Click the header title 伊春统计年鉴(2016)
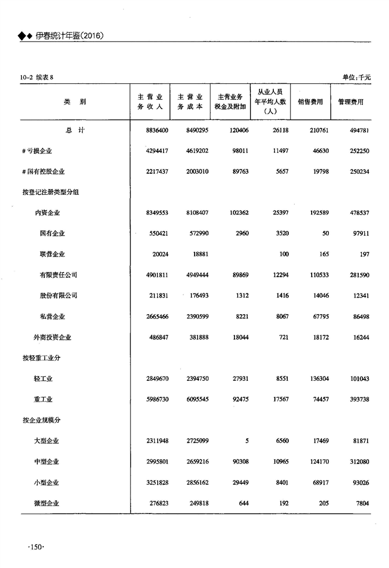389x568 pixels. (x=69, y=36)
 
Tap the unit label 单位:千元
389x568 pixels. (x=356, y=77)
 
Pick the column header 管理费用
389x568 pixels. (x=351, y=102)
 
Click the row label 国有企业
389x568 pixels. (x=52, y=234)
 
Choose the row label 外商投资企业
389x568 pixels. (x=53, y=338)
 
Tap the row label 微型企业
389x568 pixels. (x=46, y=503)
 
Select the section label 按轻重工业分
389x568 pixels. (x=41, y=358)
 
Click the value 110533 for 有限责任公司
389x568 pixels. (x=317, y=275)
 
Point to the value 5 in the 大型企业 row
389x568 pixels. (x=247, y=441)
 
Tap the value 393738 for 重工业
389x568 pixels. (x=357, y=399)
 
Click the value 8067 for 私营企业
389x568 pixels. (x=280, y=317)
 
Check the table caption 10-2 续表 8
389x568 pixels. (x=37, y=78)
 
